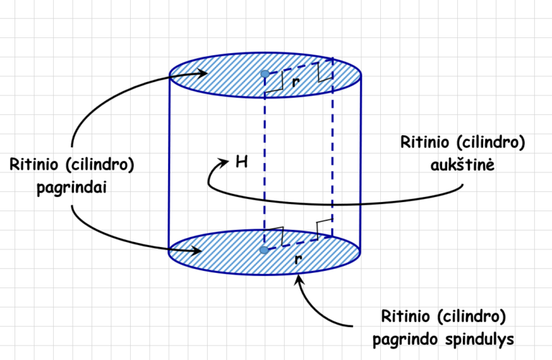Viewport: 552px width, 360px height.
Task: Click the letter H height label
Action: click(242, 162)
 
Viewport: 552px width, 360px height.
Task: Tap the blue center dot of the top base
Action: click(265, 74)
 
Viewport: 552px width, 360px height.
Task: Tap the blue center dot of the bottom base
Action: click(264, 249)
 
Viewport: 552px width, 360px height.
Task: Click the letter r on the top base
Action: click(296, 82)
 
